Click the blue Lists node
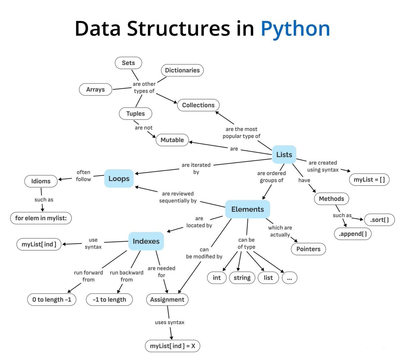coord(284,155)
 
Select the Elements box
coord(247,209)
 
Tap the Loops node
coord(119,178)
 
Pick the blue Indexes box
coord(146,241)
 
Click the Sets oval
coord(128,63)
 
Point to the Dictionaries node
coord(182,70)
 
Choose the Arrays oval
coord(96,89)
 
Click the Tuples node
coord(135,114)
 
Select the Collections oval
coord(198,105)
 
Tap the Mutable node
coord(172,140)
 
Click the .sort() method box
coord(379,220)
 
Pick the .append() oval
coord(353,234)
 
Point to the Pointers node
coord(308,249)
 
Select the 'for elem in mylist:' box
coord(41,218)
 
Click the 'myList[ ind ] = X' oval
coord(172,346)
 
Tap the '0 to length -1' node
coord(52,300)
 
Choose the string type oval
coord(242,278)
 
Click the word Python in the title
coord(295,29)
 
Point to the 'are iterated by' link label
coord(196,168)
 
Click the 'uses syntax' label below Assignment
coord(169,322)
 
